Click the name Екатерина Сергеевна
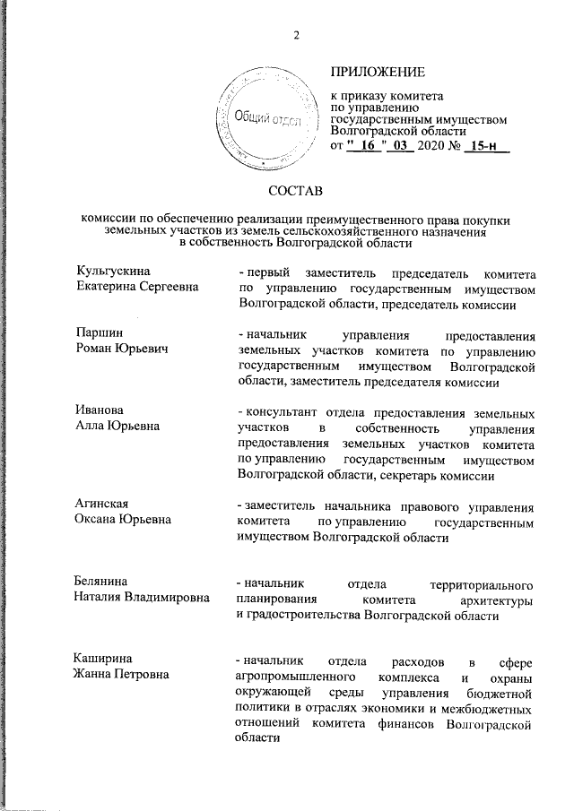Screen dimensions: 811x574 (x=135, y=286)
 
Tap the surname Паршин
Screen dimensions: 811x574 (x=98, y=332)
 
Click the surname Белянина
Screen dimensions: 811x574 (x=106, y=582)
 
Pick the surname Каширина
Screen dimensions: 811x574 (x=104, y=660)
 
